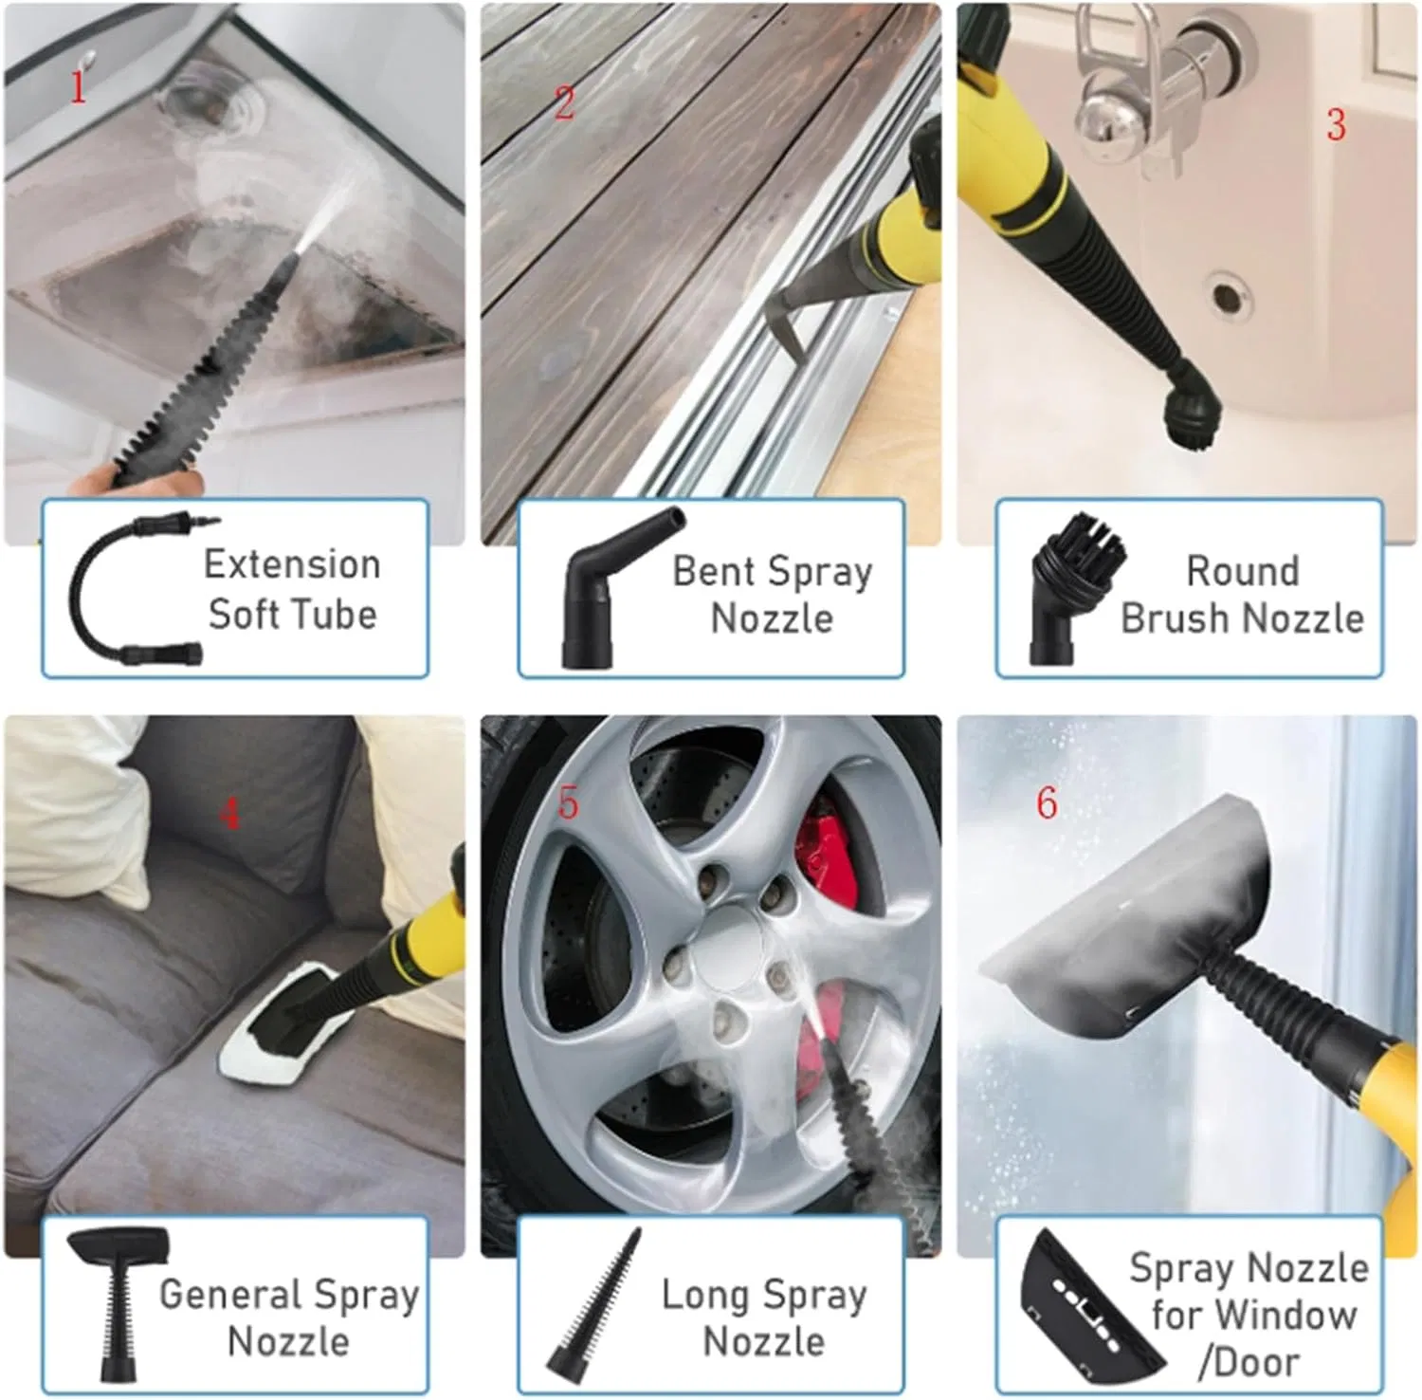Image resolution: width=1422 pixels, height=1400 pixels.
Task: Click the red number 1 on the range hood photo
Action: point(79,87)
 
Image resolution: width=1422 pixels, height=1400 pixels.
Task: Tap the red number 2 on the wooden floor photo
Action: point(564,103)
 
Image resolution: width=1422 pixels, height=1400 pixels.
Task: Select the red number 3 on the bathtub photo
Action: point(1336,125)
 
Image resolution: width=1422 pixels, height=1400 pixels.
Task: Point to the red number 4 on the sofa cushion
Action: point(229,814)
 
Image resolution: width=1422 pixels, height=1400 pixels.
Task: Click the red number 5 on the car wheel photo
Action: point(568,803)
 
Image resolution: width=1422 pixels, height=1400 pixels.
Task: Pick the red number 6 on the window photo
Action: point(1047,803)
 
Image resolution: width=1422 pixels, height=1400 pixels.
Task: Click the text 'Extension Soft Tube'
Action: point(292,589)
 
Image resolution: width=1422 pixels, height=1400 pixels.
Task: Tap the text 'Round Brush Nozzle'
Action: point(1242,595)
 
